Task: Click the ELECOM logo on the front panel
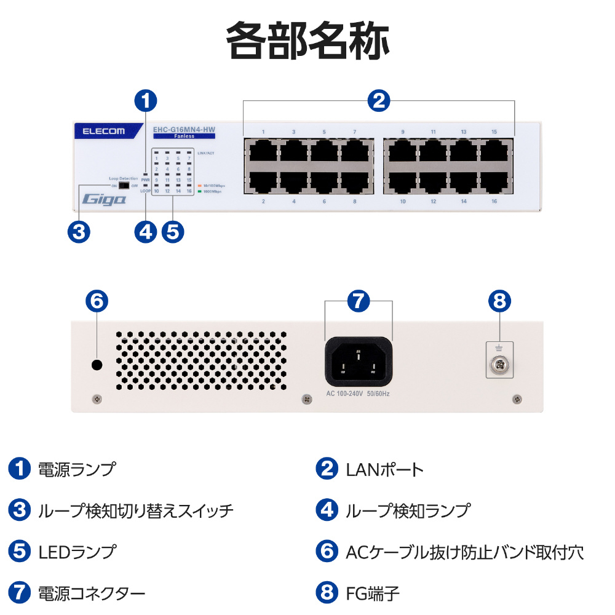100,130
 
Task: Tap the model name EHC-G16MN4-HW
184,129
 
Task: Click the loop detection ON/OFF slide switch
124,185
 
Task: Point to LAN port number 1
263,150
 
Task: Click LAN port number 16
494,181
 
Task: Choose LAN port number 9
402,150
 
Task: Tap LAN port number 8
355,181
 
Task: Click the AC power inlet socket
358,362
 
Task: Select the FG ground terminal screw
499,367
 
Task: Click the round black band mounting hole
97,365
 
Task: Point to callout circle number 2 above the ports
379,100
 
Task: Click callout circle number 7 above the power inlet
359,301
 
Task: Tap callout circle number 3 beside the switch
78,232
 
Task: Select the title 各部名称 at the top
307,42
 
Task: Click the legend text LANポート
384,470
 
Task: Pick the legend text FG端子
372,593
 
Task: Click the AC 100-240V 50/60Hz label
357,393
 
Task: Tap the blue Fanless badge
184,136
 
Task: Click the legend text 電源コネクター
91,593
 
